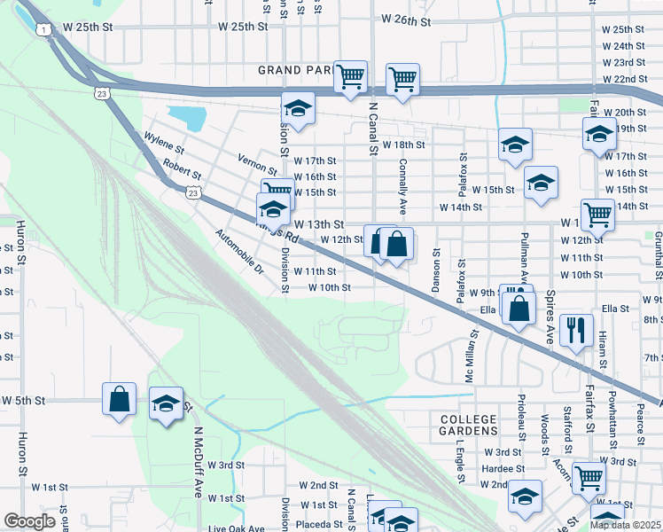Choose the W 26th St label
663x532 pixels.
pyautogui.click(x=405, y=19)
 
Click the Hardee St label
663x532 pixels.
pyautogui.click(x=503, y=468)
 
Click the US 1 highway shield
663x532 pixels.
pyautogui.click(x=43, y=29)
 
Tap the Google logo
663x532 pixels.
pyautogui.click(x=29, y=521)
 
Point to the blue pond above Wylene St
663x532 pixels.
pyautogui.click(x=183, y=117)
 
